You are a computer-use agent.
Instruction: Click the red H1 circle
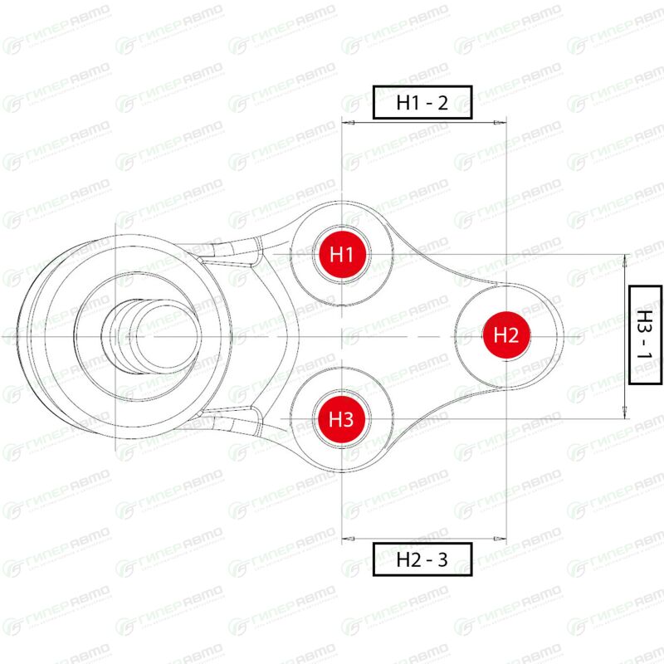[x=342, y=255]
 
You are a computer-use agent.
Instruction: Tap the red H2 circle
[x=506, y=335]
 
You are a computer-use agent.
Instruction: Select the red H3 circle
[x=342, y=419]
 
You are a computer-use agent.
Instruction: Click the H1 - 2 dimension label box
[x=422, y=102]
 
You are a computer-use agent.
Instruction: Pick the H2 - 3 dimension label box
[x=422, y=559]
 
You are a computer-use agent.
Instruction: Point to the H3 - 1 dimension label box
[x=646, y=335]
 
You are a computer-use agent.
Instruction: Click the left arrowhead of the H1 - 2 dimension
[x=348, y=123]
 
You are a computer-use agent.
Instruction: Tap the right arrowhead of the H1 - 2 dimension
[x=500, y=123]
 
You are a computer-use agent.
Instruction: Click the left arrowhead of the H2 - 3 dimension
[x=348, y=539]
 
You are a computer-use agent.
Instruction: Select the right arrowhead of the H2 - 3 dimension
[x=500, y=539]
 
